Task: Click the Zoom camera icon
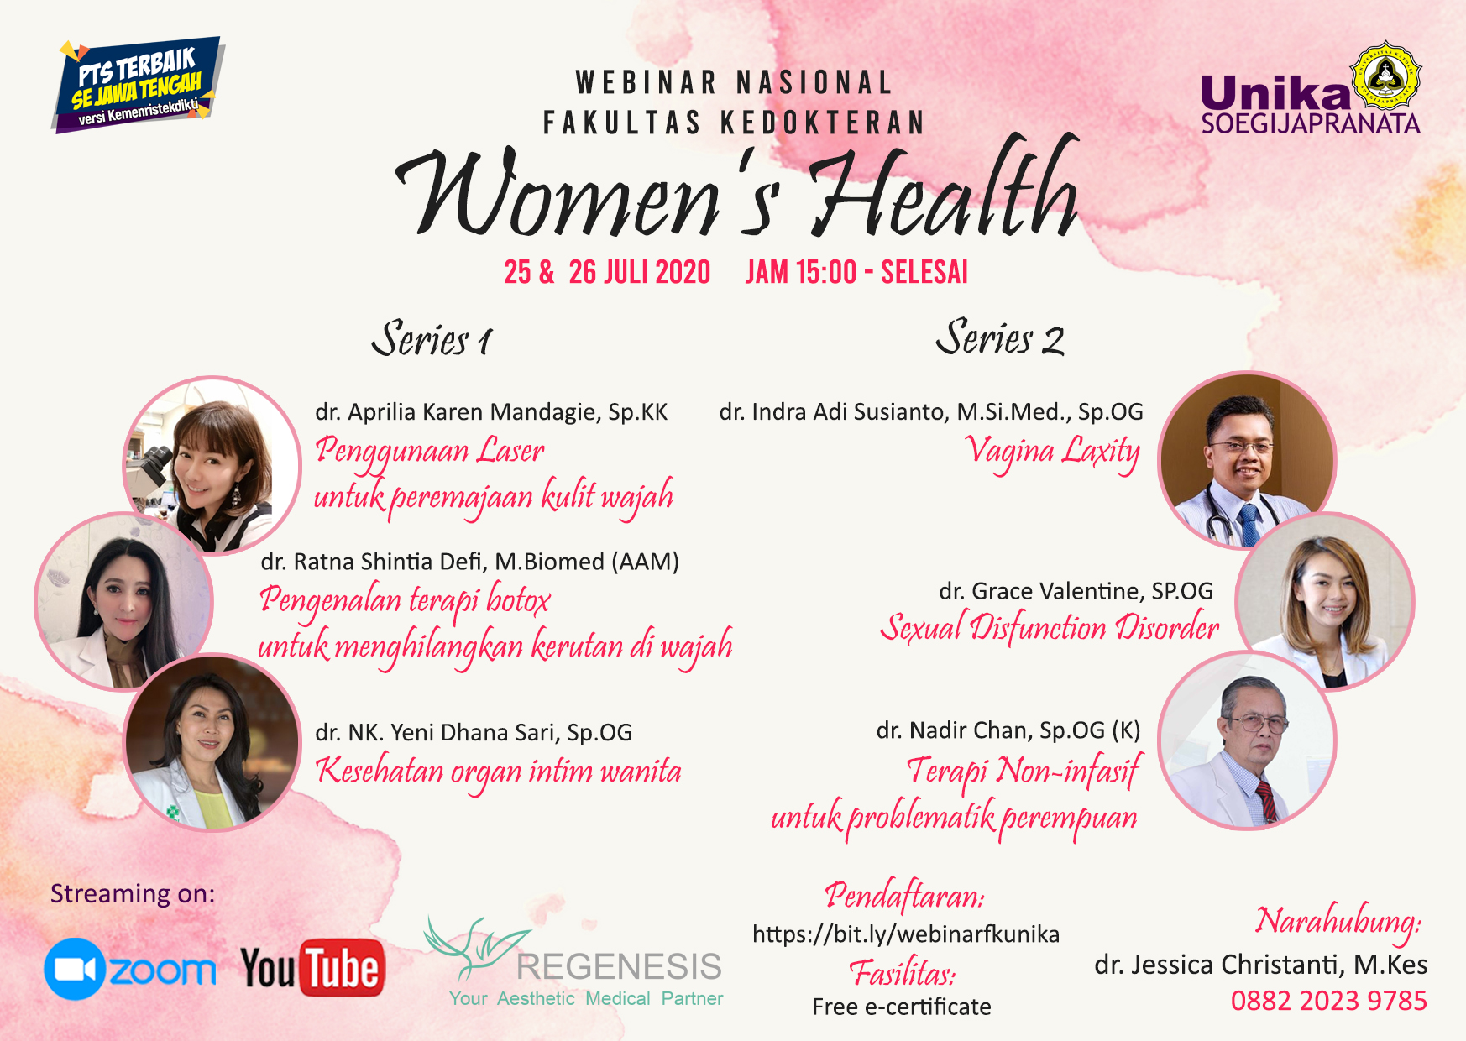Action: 75,970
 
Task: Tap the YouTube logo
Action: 312,968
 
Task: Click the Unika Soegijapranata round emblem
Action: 1385,77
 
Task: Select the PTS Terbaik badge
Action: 137,85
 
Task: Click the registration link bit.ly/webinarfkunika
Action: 906,934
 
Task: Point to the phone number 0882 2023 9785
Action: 1329,1001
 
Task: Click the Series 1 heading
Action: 432,339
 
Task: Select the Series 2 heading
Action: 1001,337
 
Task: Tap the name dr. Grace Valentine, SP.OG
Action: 1076,591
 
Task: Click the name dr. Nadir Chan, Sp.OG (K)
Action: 1008,730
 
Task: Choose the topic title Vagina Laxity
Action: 1052,452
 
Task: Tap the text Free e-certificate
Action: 902,1007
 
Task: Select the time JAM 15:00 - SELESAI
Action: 856,272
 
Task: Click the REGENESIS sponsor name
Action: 619,966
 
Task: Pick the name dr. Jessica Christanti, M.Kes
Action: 1260,965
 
